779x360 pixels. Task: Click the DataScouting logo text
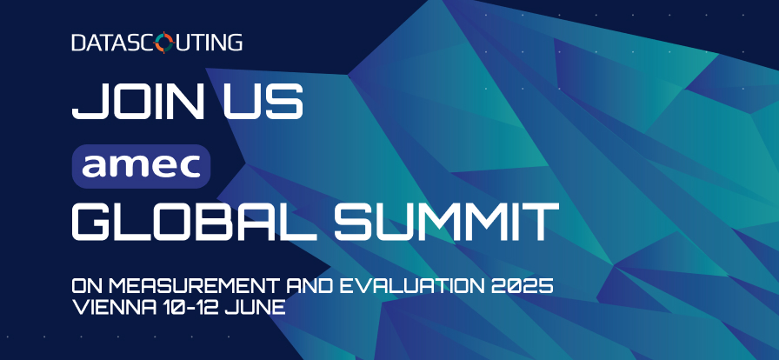pyautogui.click(x=157, y=43)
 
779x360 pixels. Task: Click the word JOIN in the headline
pyautogui.click(x=138, y=102)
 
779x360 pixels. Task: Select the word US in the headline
pyautogui.click(x=263, y=102)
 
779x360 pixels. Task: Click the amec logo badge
pyautogui.click(x=142, y=167)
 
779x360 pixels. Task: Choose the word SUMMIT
pyautogui.click(x=447, y=221)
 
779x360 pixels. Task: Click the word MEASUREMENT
pyautogui.click(x=196, y=286)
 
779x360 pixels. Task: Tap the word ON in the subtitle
pyautogui.click(x=88, y=286)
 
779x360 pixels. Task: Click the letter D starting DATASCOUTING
pyautogui.click(x=79, y=43)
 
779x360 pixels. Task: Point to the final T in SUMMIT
pyautogui.click(x=542, y=221)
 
